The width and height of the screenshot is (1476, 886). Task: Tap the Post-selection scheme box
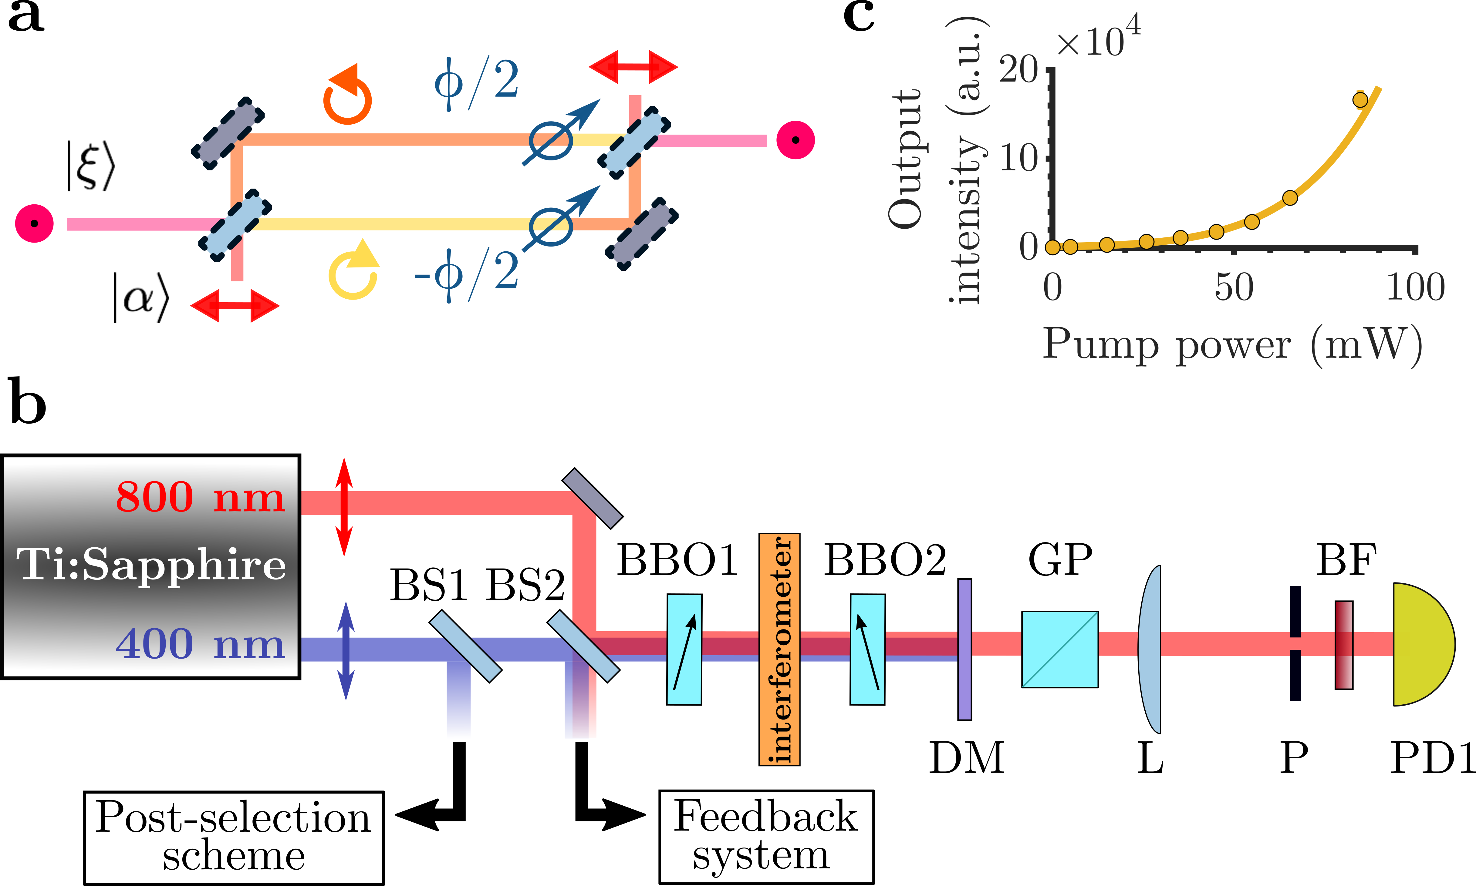tap(234, 837)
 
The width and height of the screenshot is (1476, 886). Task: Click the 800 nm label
tap(200, 497)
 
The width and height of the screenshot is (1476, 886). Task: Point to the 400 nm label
tap(200, 645)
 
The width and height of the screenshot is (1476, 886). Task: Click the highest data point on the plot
tap(1360, 100)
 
